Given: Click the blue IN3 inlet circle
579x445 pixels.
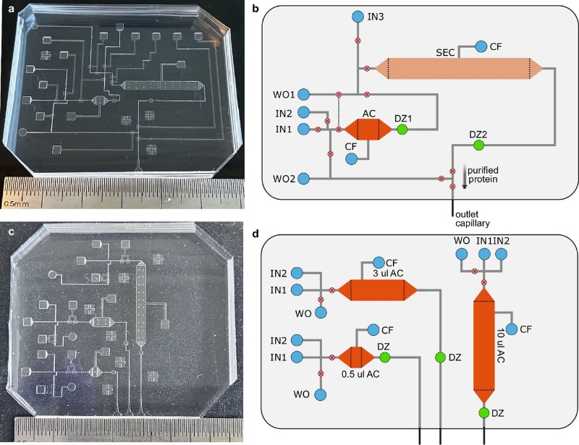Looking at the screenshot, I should pyautogui.click(x=357, y=16).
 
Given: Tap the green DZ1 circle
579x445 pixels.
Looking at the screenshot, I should pyautogui.click(x=402, y=130).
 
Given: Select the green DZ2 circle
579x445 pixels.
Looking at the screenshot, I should pyautogui.click(x=478, y=146).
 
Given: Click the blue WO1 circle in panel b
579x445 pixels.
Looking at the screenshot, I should pyautogui.click(x=305, y=94).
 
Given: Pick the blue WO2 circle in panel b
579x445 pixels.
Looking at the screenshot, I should pyautogui.click(x=305, y=178).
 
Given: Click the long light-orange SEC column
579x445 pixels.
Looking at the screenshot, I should pyautogui.click(x=454, y=69).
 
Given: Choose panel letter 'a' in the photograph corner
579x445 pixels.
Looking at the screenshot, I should pyautogui.click(x=11, y=9).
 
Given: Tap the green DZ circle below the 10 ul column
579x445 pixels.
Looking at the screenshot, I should pyautogui.click(x=483, y=412).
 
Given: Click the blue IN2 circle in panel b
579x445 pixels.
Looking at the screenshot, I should pyautogui.click(x=305, y=112).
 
